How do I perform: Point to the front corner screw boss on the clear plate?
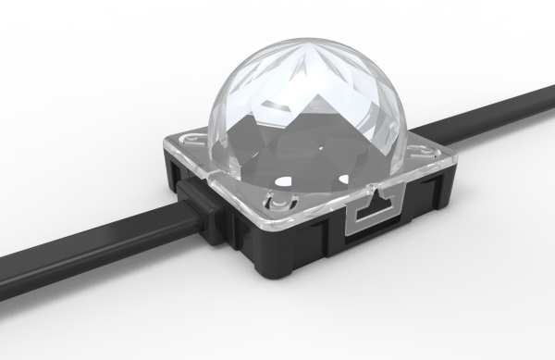(x=277, y=203)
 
